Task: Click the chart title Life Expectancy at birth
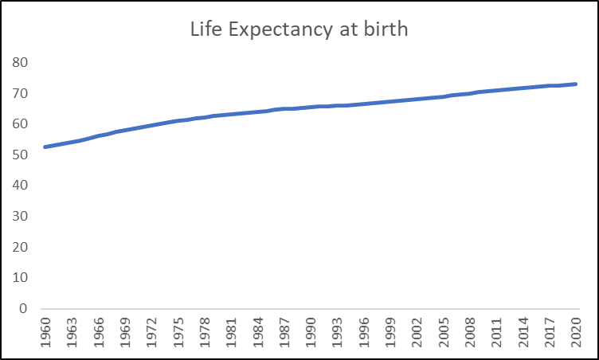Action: click(x=298, y=30)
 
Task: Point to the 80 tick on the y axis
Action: click(x=20, y=62)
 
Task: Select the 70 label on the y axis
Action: click(x=20, y=93)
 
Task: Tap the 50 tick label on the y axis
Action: click(x=20, y=155)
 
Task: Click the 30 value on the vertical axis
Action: click(x=20, y=216)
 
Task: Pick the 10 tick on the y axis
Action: click(x=20, y=278)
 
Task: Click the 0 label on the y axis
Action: click(x=23, y=309)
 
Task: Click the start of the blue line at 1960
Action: click(x=44, y=147)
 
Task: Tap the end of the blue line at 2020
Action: click(x=575, y=84)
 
